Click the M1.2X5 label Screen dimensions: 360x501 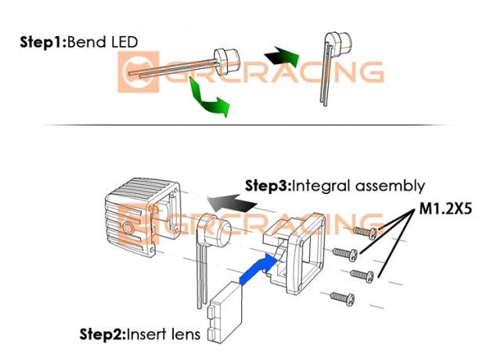[446, 210]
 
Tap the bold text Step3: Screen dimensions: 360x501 [266, 186]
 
